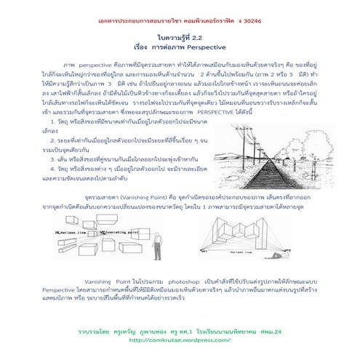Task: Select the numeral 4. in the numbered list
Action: point(65,165)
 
